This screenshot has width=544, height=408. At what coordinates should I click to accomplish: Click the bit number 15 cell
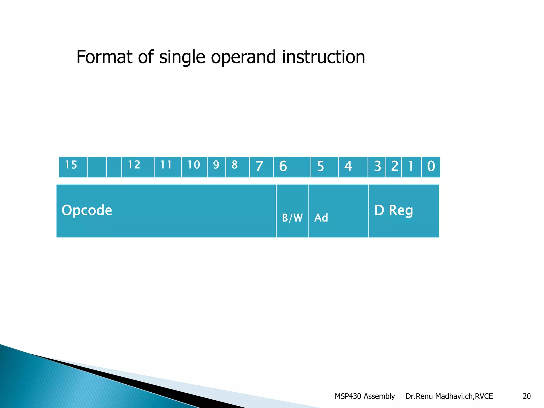pyautogui.click(x=73, y=167)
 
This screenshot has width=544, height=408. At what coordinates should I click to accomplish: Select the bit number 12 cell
pyautogui.click(x=138, y=167)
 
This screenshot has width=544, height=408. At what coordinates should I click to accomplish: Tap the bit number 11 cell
pyautogui.click(x=167, y=167)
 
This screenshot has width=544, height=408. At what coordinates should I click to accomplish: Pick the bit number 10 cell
pyautogui.click(x=194, y=167)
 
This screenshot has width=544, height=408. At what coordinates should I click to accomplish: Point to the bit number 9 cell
pyautogui.click(x=216, y=167)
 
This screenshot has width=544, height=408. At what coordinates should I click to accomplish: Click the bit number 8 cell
pyautogui.click(x=237, y=167)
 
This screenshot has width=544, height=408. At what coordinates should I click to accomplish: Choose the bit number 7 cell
pyautogui.click(x=261, y=167)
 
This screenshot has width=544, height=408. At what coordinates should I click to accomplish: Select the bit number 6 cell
pyautogui.click(x=292, y=167)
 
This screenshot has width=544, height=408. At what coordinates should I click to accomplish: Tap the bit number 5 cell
pyautogui.click(x=324, y=167)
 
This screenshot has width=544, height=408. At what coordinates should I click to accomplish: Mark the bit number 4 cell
pyautogui.click(x=353, y=167)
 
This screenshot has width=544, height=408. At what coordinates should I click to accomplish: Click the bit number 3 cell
pyautogui.click(x=376, y=167)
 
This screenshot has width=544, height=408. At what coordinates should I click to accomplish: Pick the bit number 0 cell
pyautogui.click(x=431, y=167)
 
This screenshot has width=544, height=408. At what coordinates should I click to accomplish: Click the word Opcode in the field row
pyautogui.click(x=87, y=210)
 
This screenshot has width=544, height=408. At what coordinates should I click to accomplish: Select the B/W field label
pyautogui.click(x=292, y=218)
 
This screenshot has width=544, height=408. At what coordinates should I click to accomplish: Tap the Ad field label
pyautogui.click(x=321, y=218)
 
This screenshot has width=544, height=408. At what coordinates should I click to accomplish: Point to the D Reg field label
pyautogui.click(x=394, y=210)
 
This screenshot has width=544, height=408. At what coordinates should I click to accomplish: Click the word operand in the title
pyautogui.click(x=243, y=57)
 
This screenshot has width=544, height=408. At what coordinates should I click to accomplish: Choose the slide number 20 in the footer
pyautogui.click(x=526, y=396)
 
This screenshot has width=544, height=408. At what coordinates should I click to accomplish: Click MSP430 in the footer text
pyautogui.click(x=348, y=396)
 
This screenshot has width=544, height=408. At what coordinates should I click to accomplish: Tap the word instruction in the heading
pyautogui.click(x=323, y=57)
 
